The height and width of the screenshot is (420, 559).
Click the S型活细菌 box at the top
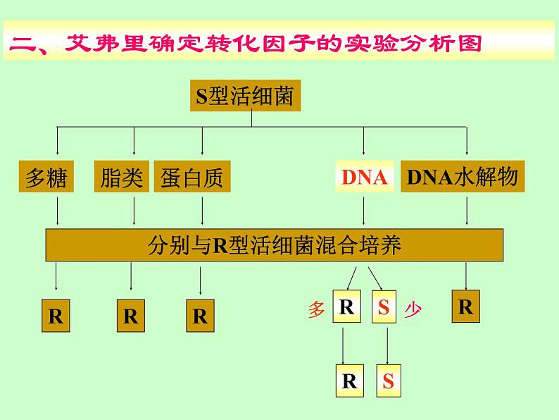click(245, 96)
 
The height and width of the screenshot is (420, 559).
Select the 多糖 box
click(46, 178)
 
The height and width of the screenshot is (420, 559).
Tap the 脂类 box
click(121, 178)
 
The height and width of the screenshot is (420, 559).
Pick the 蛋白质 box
click(191, 178)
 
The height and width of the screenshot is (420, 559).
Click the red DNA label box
click(365, 178)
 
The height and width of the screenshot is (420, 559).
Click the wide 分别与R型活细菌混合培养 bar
click(275, 245)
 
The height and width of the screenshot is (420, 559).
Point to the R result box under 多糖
click(56, 316)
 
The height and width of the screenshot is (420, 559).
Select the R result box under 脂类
click(130, 316)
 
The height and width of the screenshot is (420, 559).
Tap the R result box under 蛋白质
click(201, 316)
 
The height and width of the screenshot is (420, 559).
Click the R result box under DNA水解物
click(465, 307)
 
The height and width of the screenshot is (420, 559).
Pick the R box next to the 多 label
click(346, 307)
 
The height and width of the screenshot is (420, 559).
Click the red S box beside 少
click(383, 307)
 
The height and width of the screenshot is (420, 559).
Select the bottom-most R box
click(350, 381)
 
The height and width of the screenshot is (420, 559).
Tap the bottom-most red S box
click(389, 382)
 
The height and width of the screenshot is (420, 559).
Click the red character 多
click(316, 309)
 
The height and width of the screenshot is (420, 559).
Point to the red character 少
click(413, 309)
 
